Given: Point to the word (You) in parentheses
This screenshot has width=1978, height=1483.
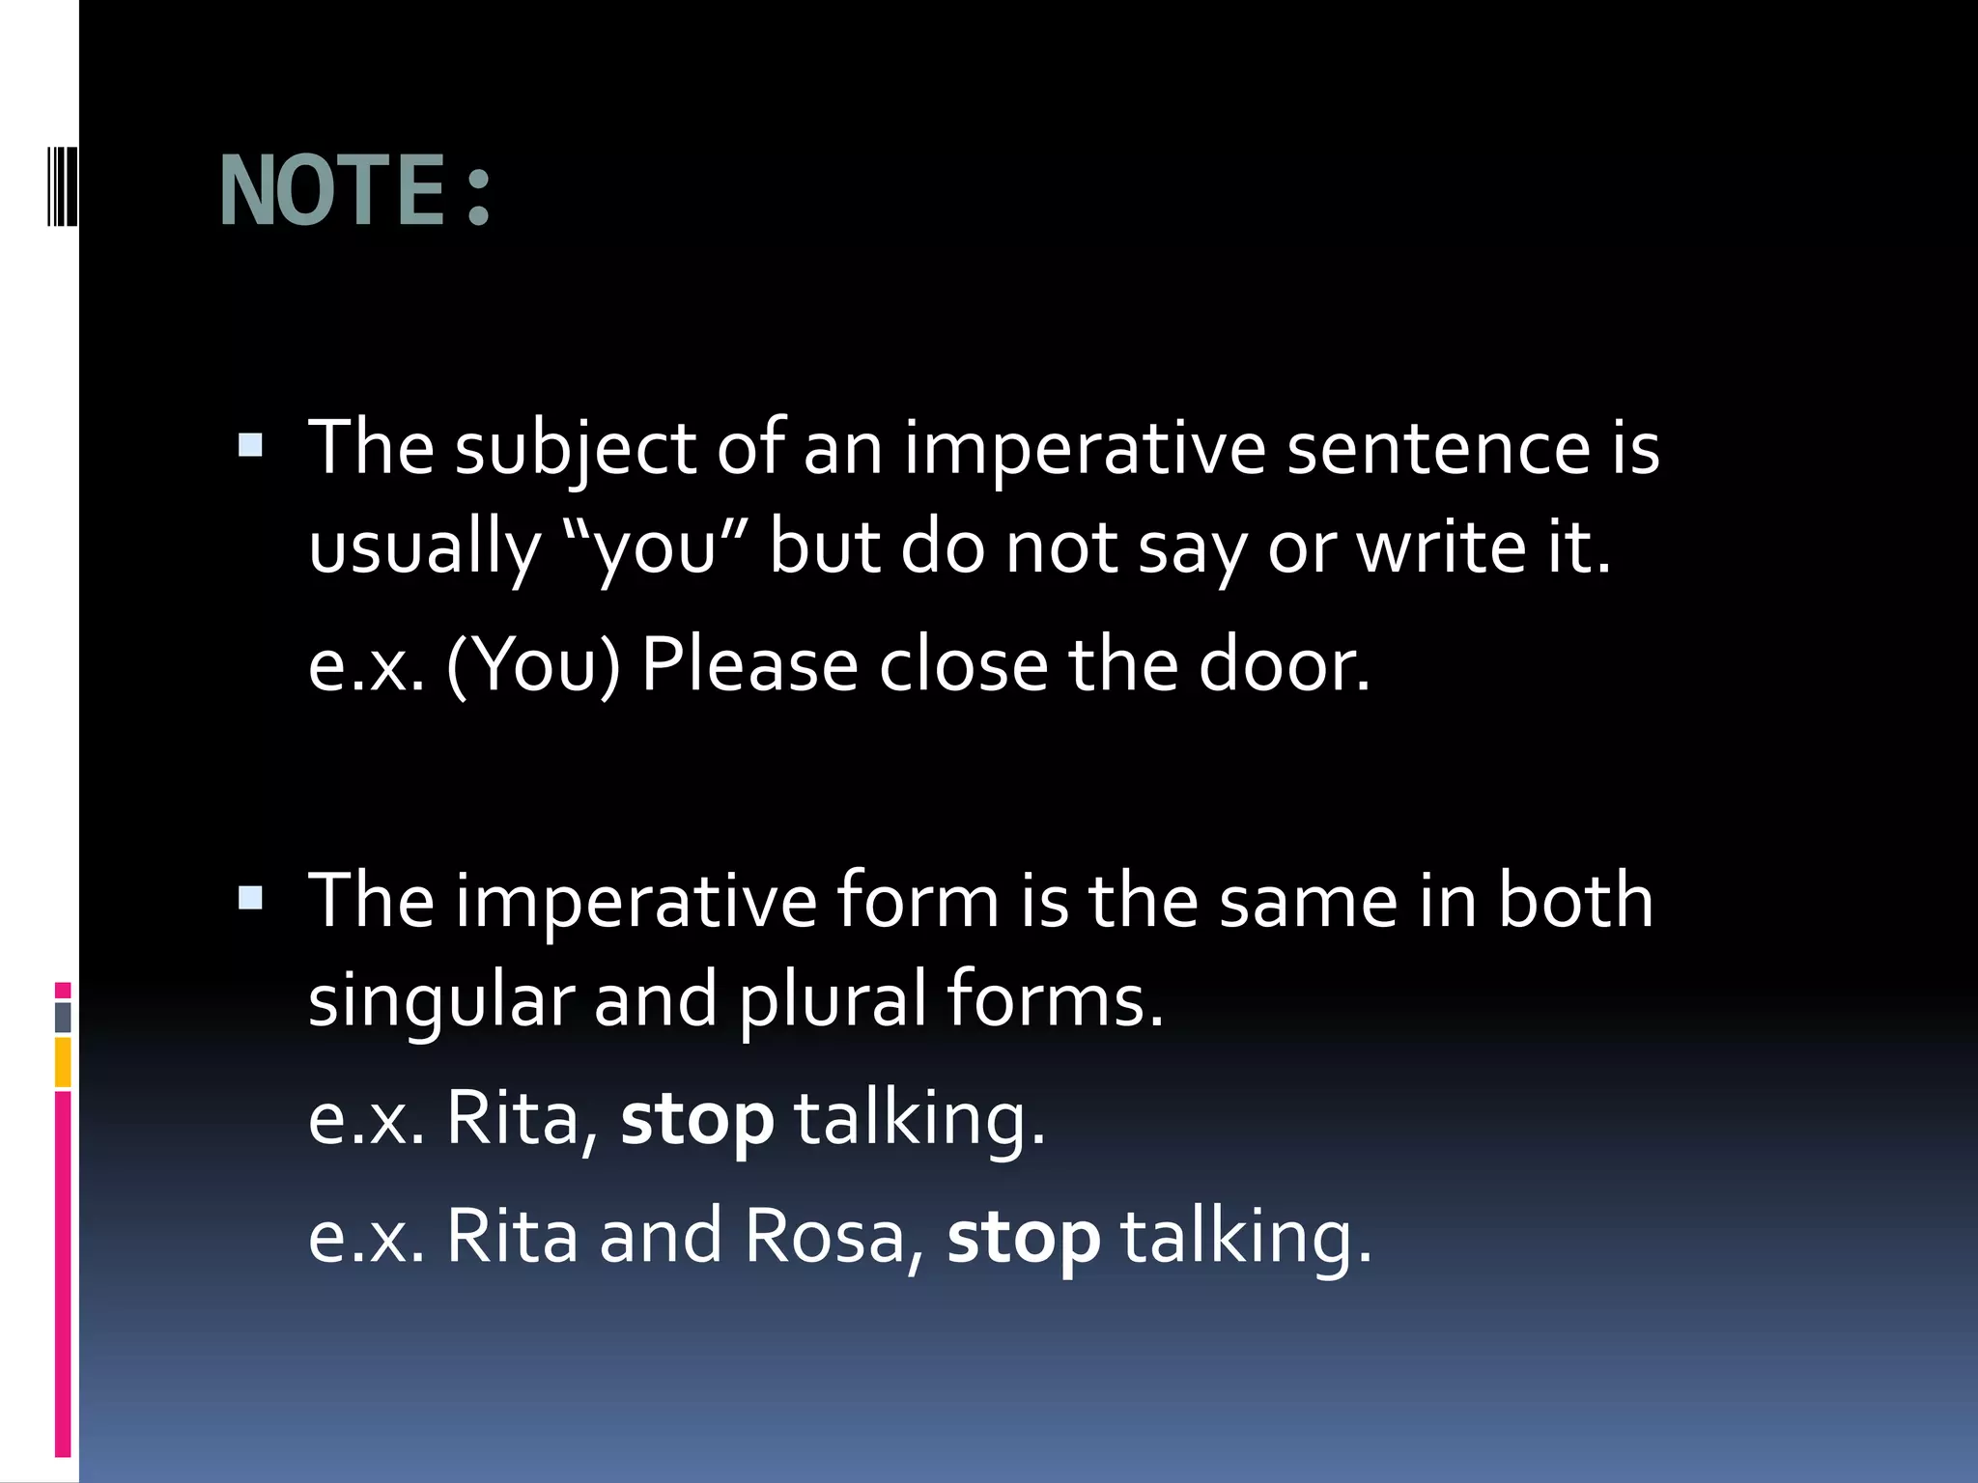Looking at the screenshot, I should [x=533, y=665].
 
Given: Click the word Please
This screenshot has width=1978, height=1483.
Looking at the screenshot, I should [x=749, y=665].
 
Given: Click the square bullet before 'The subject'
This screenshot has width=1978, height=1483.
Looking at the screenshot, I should [x=250, y=445].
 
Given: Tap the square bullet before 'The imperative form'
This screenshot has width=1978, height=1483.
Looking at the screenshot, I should [x=250, y=899].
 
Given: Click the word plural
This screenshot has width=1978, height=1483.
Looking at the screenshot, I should [x=833, y=1000].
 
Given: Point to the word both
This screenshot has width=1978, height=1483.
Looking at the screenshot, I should [x=1575, y=900].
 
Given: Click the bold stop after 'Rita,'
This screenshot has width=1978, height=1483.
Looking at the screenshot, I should [x=696, y=1120].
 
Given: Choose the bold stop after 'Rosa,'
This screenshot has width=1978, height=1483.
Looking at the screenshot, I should [x=1023, y=1238].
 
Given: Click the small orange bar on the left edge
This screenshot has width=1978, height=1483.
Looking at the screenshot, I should [x=63, y=1062].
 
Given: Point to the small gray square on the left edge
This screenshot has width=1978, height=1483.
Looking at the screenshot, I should [x=63, y=1017].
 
